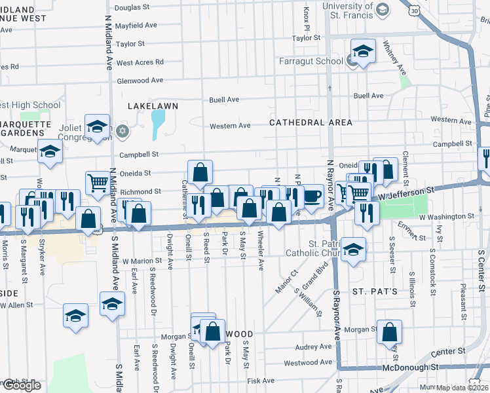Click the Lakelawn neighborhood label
click(153, 105)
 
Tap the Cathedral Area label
click(311, 122)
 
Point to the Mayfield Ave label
click(136, 26)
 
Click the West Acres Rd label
click(140, 62)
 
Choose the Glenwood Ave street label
click(140, 80)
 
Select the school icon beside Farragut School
click(362, 51)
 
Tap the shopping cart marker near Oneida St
click(98, 183)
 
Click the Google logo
click(21, 385)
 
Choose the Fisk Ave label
click(260, 381)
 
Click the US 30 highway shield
click(414, 10)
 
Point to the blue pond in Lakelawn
click(158, 124)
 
